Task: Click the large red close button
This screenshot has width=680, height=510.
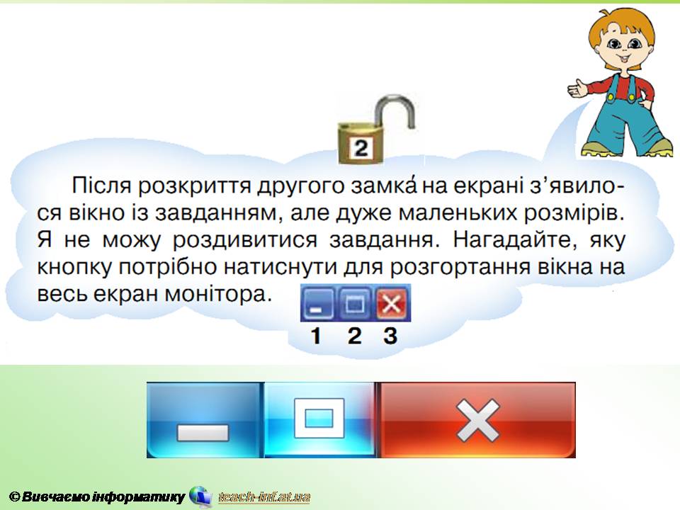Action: (477, 420)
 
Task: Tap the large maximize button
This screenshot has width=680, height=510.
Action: (319, 420)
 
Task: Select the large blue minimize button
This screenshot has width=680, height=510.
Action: (205, 420)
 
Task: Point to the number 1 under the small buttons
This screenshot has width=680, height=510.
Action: (316, 336)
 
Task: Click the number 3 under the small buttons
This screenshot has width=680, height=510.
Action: (390, 336)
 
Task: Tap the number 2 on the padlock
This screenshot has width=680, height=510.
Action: (361, 148)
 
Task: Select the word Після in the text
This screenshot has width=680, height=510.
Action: (101, 186)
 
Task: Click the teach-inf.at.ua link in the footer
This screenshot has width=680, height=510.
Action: (264, 497)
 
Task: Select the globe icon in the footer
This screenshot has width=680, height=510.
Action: (200, 496)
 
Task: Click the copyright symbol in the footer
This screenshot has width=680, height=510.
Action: (15, 497)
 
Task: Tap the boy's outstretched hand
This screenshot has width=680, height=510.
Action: (578, 89)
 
